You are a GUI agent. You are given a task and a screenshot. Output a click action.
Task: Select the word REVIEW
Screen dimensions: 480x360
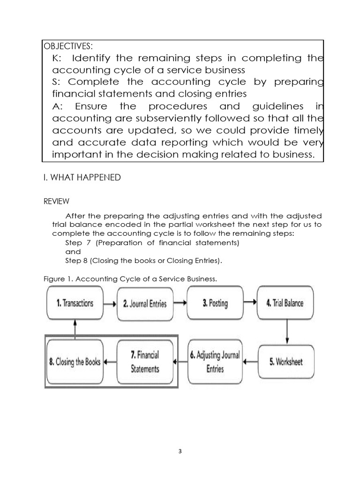[x=56, y=201]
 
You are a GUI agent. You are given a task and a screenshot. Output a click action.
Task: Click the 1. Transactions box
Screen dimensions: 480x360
[x=75, y=303]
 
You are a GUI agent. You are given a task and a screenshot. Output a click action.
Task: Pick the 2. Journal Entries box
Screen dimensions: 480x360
[x=144, y=303]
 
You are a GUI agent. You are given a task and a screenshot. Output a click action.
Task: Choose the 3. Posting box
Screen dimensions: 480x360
[x=215, y=303]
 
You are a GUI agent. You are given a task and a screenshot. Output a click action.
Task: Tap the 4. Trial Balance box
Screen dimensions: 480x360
[x=285, y=303]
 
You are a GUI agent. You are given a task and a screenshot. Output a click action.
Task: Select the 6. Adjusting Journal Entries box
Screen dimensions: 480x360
[x=215, y=361]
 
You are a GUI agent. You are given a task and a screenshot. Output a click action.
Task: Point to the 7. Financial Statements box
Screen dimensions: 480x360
[x=144, y=361]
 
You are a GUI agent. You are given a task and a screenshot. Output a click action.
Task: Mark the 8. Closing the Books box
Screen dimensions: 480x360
[x=75, y=361]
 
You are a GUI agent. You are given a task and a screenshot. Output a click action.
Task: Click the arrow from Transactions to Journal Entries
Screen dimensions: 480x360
[x=110, y=303]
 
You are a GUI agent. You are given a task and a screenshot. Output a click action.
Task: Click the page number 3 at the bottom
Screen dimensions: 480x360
[x=180, y=452]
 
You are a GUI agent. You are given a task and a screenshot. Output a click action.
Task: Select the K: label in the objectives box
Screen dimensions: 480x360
[x=60, y=58]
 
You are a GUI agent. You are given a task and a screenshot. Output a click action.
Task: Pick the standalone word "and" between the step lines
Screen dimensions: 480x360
[x=73, y=252]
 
